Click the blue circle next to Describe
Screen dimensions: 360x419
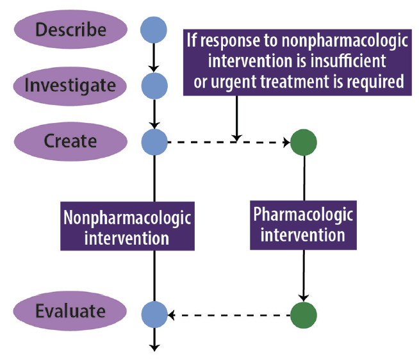pos(154,29)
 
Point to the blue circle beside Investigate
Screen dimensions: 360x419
pos(154,85)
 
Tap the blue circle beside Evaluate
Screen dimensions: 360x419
pos(154,314)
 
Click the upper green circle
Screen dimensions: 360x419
pos(303,142)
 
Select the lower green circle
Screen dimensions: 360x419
pos(303,314)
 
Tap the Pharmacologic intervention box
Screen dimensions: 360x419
pos(303,226)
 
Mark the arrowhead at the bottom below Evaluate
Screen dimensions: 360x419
pos(154,347)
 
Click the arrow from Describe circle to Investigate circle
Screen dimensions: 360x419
pos(154,58)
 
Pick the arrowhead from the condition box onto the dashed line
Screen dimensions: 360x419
pos(236,136)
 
